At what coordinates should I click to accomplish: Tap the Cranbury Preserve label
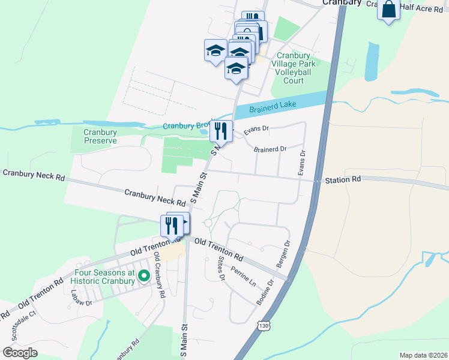click(x=100, y=136)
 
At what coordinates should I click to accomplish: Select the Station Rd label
click(x=343, y=179)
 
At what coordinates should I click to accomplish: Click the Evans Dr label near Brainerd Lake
click(x=256, y=128)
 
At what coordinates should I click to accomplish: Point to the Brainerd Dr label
click(x=270, y=149)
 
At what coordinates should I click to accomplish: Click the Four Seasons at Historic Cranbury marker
click(x=143, y=276)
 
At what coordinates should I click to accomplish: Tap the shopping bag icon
click(x=389, y=10)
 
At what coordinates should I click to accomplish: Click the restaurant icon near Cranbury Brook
click(x=221, y=131)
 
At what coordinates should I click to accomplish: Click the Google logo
click(x=20, y=353)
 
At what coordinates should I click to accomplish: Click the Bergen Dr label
click(x=283, y=254)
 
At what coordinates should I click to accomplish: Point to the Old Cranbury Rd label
click(x=159, y=274)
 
